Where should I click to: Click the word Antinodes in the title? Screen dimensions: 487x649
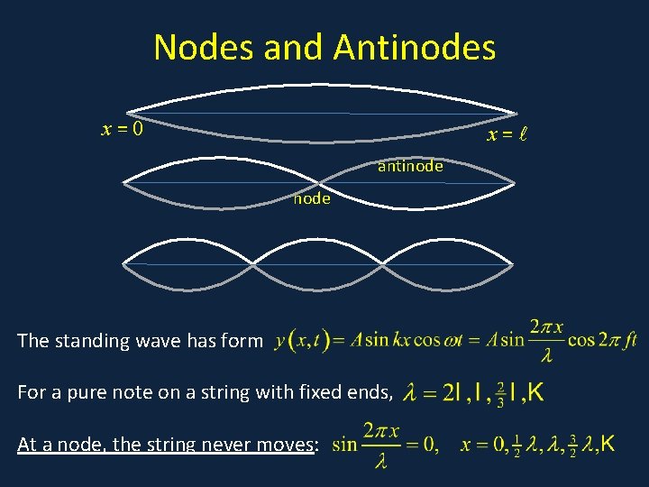[x=415, y=47]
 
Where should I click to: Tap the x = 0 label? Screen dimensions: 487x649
[x=123, y=129]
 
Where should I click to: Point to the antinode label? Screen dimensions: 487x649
[x=410, y=166]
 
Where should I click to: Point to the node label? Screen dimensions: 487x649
[x=312, y=198]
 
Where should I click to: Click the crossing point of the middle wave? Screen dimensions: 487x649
[x=318, y=183]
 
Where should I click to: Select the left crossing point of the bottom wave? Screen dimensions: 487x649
[x=253, y=265]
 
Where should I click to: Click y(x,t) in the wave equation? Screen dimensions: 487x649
[x=302, y=341]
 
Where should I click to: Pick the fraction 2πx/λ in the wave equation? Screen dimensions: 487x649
[x=546, y=340]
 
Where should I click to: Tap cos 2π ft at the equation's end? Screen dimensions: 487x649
[x=606, y=341]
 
